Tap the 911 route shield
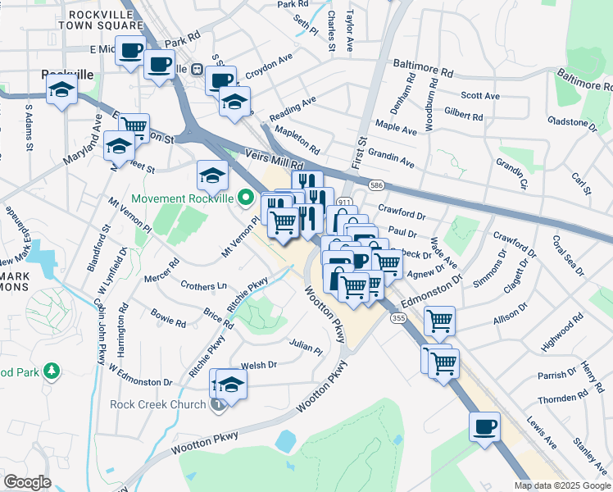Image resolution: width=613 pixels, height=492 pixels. click(x=344, y=202)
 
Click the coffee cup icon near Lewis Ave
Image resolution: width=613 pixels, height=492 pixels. click(x=484, y=426)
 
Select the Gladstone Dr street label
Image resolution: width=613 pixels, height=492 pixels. click(x=570, y=122)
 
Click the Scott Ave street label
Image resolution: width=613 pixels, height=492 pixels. click(x=480, y=96)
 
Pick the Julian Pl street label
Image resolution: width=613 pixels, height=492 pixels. click(x=306, y=348)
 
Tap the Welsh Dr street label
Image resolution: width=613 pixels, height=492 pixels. click(x=259, y=365)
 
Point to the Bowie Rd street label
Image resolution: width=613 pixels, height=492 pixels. click(x=168, y=317)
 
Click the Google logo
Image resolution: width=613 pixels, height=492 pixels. click(x=27, y=482)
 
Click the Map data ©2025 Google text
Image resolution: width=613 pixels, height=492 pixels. click(x=561, y=485)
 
